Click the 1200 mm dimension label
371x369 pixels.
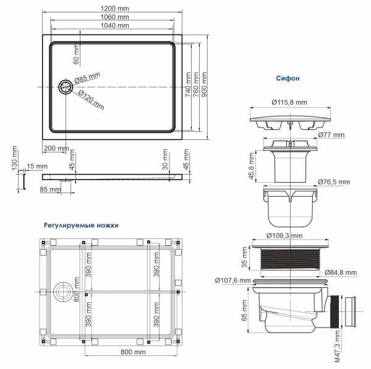(114, 8)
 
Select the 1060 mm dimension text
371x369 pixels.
(114, 17)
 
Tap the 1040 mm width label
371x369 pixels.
(114, 26)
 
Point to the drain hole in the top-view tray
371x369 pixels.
(65, 87)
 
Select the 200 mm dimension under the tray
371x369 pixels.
(56, 149)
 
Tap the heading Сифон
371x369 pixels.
(288, 79)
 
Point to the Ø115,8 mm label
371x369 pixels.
(290, 102)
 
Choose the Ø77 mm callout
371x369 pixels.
(331, 134)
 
